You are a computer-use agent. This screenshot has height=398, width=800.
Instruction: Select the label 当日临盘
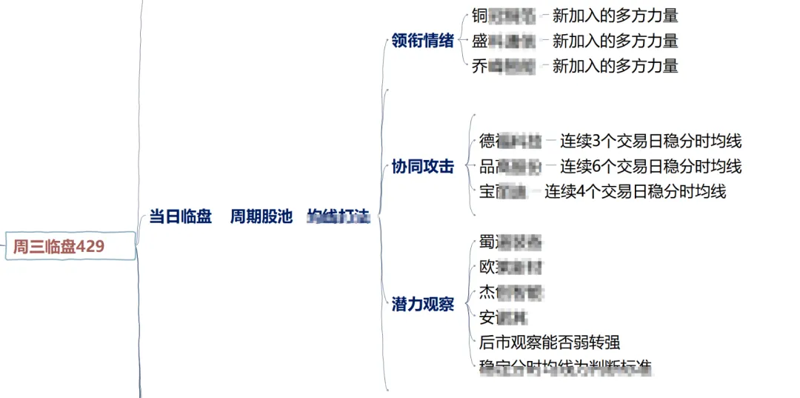point(180,216)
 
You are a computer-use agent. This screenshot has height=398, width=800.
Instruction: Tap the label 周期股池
point(261,216)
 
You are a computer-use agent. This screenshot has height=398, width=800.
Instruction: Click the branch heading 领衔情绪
point(422,41)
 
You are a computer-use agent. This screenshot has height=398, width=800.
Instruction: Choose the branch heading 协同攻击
point(422,167)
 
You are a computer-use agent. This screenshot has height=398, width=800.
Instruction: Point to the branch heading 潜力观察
point(422,304)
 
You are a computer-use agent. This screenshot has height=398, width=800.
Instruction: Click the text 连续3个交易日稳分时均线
point(650,141)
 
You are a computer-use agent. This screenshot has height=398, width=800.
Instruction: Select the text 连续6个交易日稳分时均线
point(650,166)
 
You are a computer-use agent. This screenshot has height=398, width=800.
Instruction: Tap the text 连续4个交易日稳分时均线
point(636,191)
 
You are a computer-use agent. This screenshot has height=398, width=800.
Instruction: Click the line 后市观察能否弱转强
point(550,342)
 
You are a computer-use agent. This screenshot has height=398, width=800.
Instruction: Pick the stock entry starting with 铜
point(504,15)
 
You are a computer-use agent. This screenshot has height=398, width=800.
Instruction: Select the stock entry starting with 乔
point(504,66)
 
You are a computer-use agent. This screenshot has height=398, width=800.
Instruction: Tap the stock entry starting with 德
point(511,141)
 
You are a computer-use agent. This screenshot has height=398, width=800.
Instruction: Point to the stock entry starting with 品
point(511,166)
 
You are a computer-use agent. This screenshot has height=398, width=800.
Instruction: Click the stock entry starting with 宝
point(504,191)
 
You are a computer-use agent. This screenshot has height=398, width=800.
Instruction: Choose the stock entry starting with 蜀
point(511,242)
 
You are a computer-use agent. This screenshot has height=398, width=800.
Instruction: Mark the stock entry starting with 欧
point(511,267)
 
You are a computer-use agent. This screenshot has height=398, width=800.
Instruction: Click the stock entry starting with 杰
point(511,292)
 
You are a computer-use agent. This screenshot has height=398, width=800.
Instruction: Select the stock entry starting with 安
point(504,317)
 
